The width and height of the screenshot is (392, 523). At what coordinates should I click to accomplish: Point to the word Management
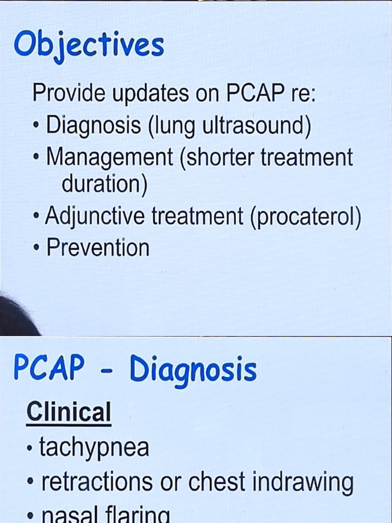pos(109,157)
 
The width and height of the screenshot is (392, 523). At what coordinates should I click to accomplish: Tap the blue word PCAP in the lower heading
pos(49,368)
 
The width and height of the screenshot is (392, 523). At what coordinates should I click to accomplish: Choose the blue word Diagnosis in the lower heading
pos(193,370)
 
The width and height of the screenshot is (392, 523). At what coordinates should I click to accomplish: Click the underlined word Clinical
pos(68,412)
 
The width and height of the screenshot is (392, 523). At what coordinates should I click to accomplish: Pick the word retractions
pos(96,481)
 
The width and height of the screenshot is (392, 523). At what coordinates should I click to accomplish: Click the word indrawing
pos(305,482)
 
